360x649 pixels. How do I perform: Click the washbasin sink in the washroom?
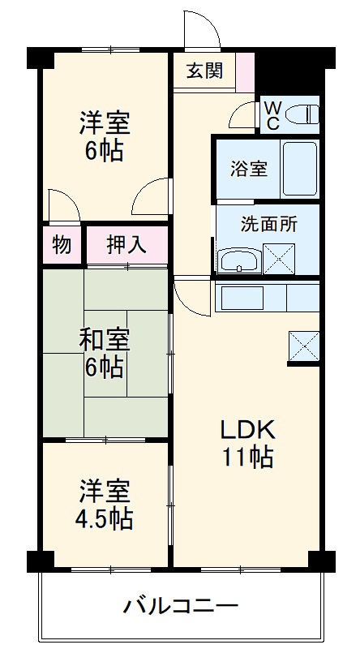(x=238, y=260)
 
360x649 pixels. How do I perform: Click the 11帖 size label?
(x=248, y=457)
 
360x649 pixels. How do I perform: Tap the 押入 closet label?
(x=126, y=244)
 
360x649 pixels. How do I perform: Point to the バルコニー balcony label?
(x=181, y=605)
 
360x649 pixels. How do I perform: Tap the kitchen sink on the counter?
(x=243, y=297)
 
